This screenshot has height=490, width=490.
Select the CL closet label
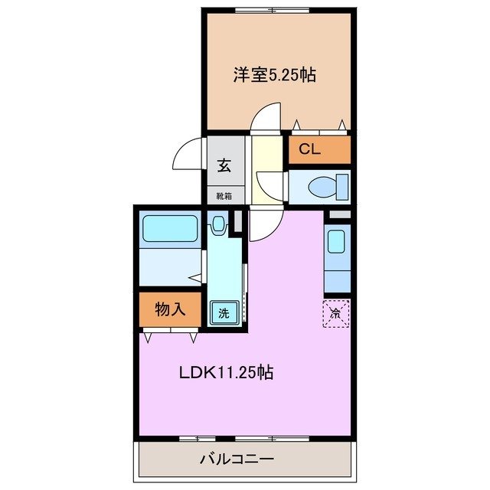click(309, 149)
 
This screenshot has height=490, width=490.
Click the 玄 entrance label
click(224, 164)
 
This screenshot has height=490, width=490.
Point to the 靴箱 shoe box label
click(224, 195)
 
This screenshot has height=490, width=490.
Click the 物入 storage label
click(170, 309)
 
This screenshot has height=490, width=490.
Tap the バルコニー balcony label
click(237, 460)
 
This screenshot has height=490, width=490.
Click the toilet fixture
click(331, 186)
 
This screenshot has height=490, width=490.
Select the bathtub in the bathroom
click(170, 227)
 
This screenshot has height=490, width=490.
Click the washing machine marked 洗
click(224, 312)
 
